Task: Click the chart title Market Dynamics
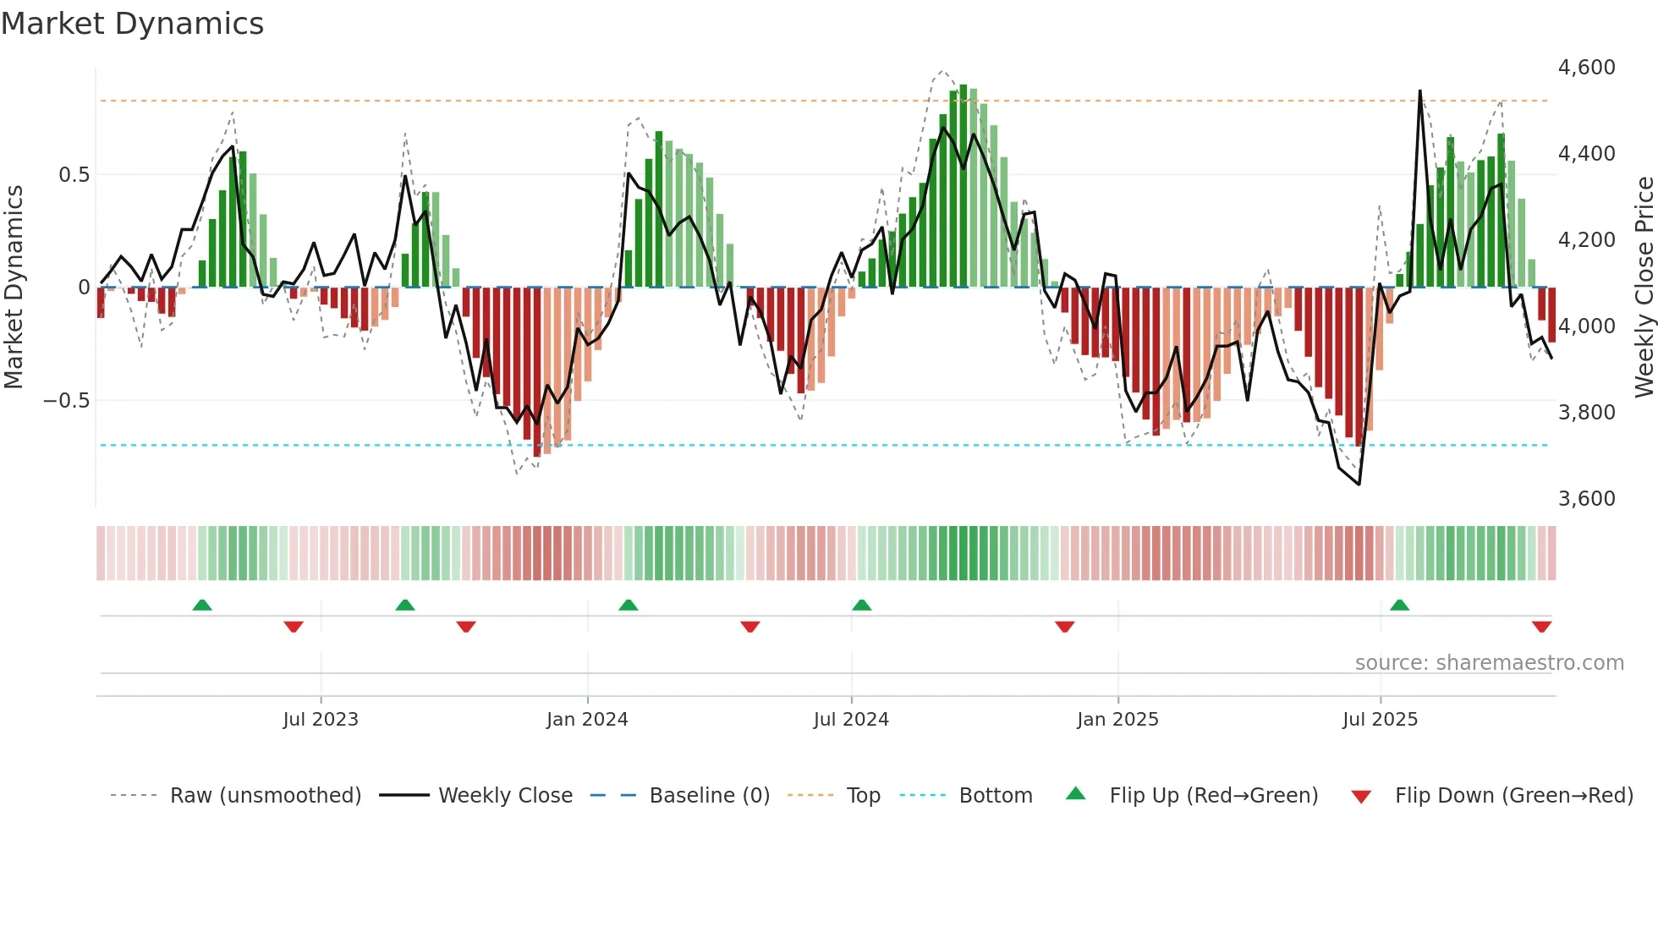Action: coord(133,24)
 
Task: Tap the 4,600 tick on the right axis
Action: coord(1586,68)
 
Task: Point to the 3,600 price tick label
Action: coord(1586,499)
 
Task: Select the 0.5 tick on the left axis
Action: coord(74,175)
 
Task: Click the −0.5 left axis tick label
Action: coord(67,401)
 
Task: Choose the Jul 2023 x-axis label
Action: coord(321,720)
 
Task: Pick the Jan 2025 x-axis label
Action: coord(1117,720)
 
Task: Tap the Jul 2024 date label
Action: coord(851,720)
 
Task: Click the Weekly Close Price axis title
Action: coord(1644,288)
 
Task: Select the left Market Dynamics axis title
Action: coord(14,288)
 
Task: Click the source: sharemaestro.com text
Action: coord(1489,663)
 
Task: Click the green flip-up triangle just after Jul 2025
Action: coord(1400,606)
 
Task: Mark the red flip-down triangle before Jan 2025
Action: coord(1065,627)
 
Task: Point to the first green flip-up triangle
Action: coord(202,606)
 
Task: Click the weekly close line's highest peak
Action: coord(1419,91)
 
